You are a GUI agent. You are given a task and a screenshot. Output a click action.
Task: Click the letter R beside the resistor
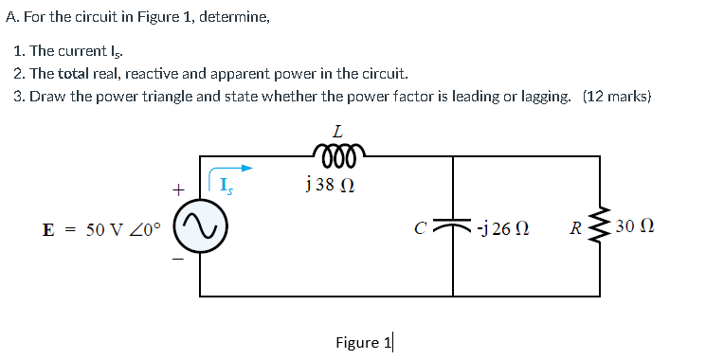pos(575,228)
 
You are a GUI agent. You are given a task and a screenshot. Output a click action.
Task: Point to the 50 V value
pos(104,229)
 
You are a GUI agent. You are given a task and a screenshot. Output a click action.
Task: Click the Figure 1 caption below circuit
pos(363,342)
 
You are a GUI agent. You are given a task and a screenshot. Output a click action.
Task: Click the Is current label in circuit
pos(225,185)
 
